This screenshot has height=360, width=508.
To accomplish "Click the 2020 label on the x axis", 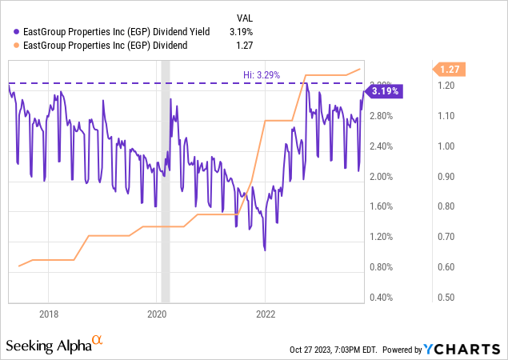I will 157,314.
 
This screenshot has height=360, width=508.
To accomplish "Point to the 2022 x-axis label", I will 266,314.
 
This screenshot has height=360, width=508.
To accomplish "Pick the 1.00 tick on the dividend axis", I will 446,146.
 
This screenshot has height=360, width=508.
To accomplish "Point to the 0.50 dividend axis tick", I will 446,298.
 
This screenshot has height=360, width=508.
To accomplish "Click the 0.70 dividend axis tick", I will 446,237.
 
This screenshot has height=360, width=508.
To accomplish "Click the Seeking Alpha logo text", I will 48,346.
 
